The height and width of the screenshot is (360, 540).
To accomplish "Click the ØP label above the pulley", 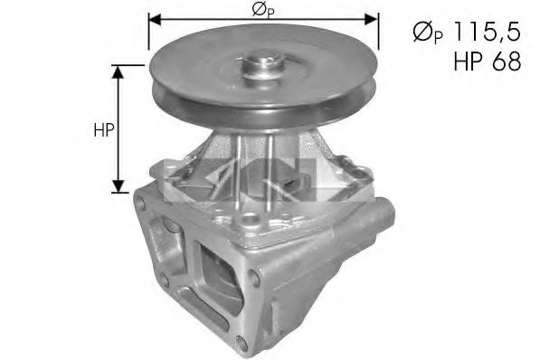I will point(261,9).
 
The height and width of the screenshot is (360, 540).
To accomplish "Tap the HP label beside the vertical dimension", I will point(102,129).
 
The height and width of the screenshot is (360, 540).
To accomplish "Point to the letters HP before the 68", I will point(469,63).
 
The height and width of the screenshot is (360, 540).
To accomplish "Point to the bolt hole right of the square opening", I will point(259,281).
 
